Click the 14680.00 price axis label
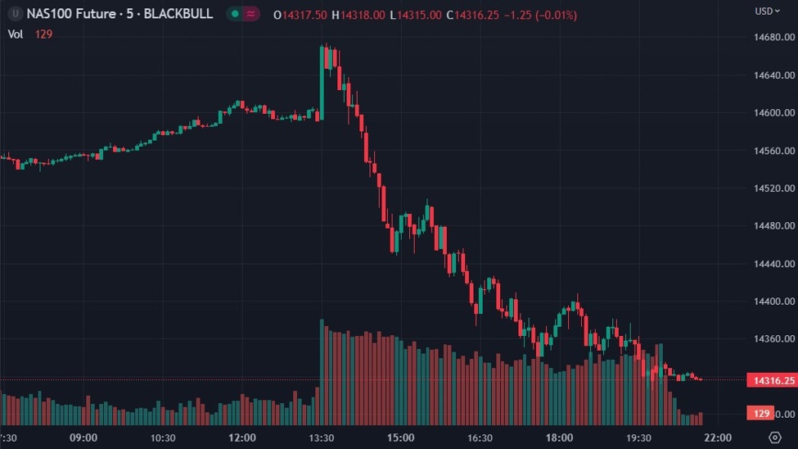[x=771, y=38]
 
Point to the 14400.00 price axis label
[x=771, y=302]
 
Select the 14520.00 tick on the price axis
[x=771, y=188]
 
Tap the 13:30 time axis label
[x=321, y=438]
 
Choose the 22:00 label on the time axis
[x=718, y=438]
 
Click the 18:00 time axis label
[x=559, y=438]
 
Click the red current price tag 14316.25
[x=771, y=380]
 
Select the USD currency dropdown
[x=766, y=11]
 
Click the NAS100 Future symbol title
[x=79, y=14]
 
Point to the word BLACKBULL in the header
[x=178, y=14]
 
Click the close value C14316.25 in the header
[x=473, y=16]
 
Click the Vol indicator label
[x=16, y=34]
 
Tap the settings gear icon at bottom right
[x=774, y=438]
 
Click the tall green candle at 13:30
[x=322, y=82]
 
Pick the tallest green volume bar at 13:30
[x=322, y=369]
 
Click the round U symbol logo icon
[x=15, y=14]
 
